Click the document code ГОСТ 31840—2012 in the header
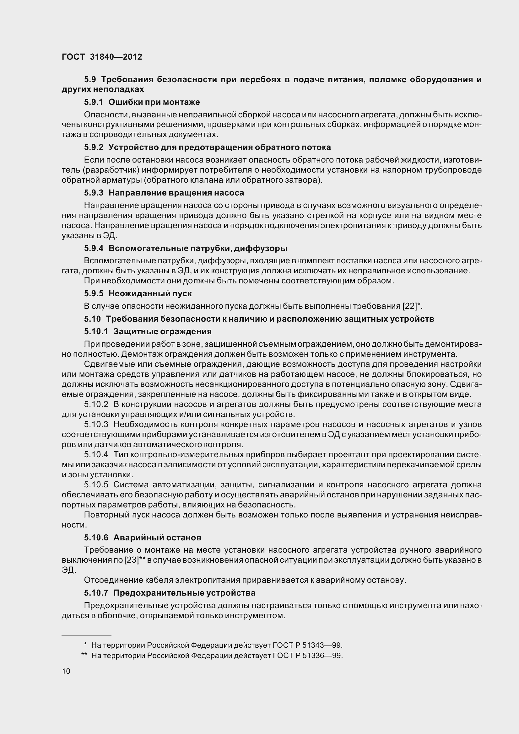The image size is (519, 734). pos(102,57)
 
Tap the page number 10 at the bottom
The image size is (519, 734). pos(66,671)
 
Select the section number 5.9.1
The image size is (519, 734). pos(94,102)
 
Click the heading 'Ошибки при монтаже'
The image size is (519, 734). pos(154,102)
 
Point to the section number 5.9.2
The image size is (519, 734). pos(94,147)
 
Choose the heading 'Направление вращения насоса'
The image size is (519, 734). pos(176,193)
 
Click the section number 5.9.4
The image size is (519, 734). pos(94,249)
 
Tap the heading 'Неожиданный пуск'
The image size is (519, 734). pos(150,293)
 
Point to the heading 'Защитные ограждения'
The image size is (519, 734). pos(162,331)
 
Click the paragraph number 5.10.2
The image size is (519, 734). pos(96,405)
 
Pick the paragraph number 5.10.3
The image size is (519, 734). pos(96,425)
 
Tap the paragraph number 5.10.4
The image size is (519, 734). pos(96,455)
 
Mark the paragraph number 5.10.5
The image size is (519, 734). pos(96,485)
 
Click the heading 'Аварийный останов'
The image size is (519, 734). pos(157,538)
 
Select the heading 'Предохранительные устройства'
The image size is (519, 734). pos(184,593)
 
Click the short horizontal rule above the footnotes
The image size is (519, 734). pos(86,635)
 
